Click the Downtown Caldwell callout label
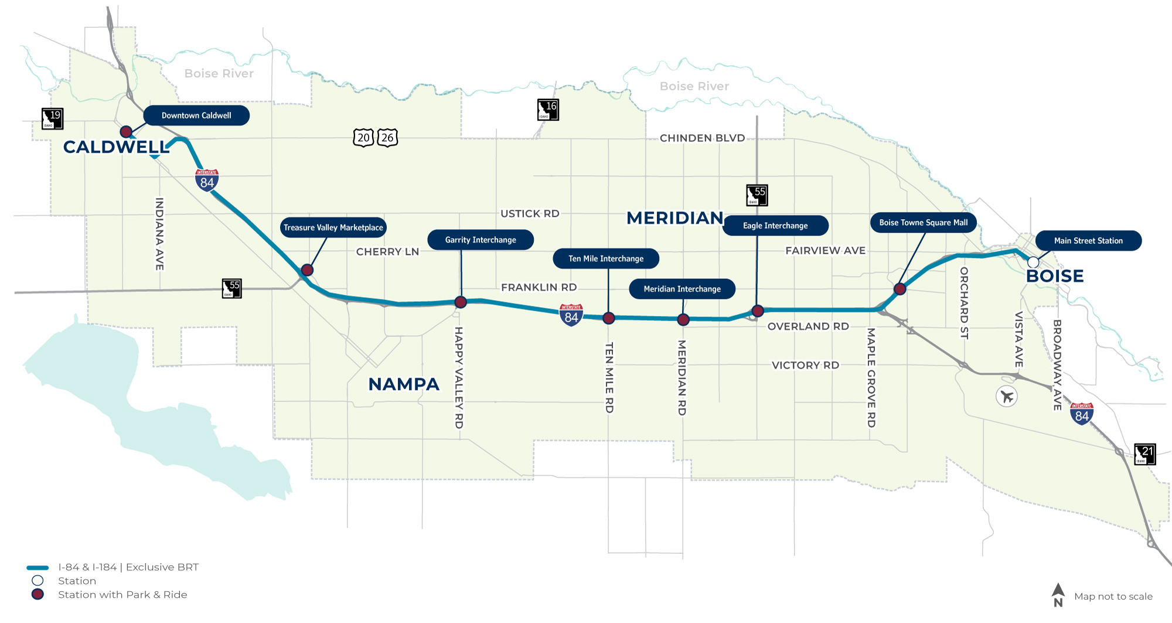tap(196, 115)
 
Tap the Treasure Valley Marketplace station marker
tap(307, 270)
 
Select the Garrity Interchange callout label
tap(481, 240)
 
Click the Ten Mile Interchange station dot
tap(608, 318)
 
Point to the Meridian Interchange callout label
tap(682, 289)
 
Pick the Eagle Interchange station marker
tap(758, 311)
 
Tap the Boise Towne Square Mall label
tap(923, 223)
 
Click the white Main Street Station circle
tap(1033, 262)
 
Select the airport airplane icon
tap(1007, 397)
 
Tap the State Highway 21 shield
tap(1144, 454)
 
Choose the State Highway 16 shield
tap(548, 110)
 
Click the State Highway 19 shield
tap(52, 118)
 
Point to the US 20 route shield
tap(363, 138)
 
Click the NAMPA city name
tap(404, 384)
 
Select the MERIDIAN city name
tap(675, 218)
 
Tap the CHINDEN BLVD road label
tap(702, 138)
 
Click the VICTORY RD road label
tap(805, 365)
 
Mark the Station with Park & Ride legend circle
tap(38, 594)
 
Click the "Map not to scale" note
tap(1113, 597)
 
